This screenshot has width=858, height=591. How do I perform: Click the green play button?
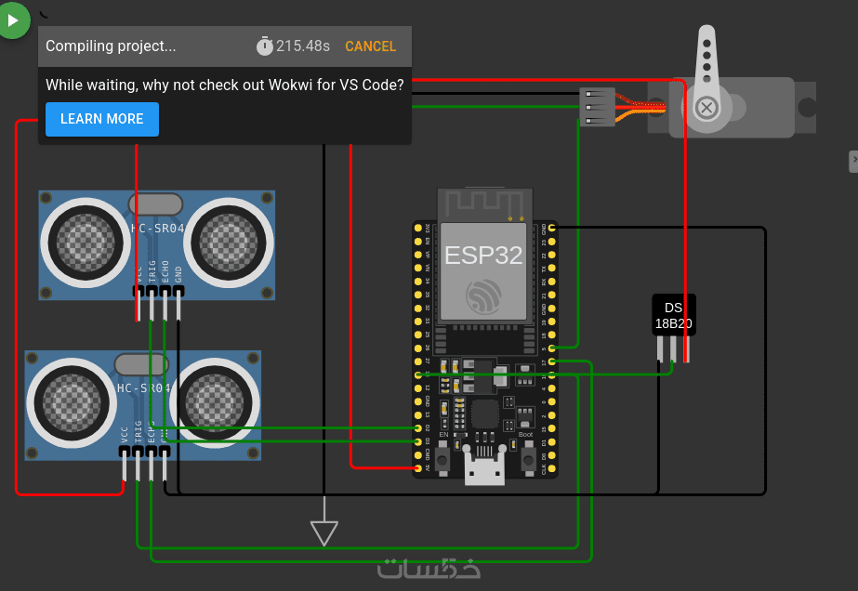pyautogui.click(x=13, y=20)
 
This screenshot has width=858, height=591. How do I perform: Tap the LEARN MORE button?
pyautogui.click(x=102, y=119)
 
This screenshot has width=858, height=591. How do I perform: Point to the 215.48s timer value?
pyautogui.click(x=303, y=46)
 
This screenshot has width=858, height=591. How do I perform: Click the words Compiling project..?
pyautogui.click(x=111, y=46)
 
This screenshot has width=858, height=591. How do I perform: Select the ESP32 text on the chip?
pyautogui.click(x=483, y=256)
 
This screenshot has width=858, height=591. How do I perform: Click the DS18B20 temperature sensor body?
pyautogui.click(x=674, y=316)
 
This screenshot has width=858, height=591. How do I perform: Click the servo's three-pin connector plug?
pyautogui.click(x=596, y=105)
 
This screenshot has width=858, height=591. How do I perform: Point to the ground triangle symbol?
pyautogui.click(x=324, y=532)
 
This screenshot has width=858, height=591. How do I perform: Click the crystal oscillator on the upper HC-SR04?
pyautogui.click(x=155, y=204)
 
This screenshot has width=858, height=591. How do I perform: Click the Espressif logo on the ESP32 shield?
pyautogui.click(x=483, y=296)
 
